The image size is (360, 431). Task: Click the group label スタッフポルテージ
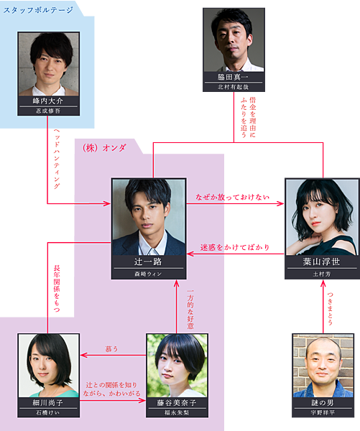pos(38,11)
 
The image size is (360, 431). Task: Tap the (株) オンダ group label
pos(104,148)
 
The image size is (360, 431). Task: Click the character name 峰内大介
pos(48,101)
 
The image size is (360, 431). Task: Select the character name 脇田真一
pos(233,77)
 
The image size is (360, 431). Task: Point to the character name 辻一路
pos(148,261)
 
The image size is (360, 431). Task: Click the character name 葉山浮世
pos(321,261)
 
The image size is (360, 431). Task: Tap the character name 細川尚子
pos(48,403)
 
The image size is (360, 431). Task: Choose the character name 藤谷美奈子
pos(177,403)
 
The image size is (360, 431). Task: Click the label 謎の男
pos(323,403)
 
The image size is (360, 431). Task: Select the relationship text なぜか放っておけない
pos(232,197)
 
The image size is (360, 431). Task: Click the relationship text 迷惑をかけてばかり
pos(235,247)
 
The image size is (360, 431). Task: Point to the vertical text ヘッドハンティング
pos(57,159)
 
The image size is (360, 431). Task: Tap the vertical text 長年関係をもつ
pos(57,288)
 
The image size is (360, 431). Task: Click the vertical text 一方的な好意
pos(190,309)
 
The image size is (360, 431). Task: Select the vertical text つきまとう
pos(330,308)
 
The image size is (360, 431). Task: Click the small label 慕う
pos(111,349)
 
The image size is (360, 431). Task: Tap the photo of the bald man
pos(323,366)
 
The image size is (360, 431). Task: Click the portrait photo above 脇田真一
pos(234,40)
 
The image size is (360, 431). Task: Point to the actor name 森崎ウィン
pos(148,274)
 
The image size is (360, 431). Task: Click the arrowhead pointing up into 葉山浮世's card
pos(323,283)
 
